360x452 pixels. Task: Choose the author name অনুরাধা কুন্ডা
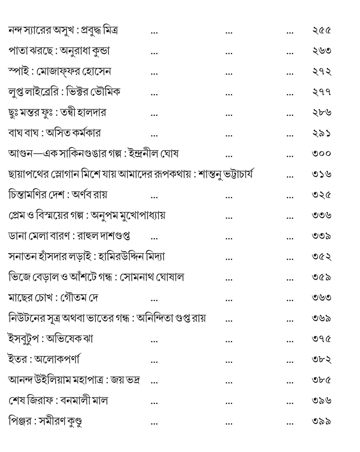click(85, 51)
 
